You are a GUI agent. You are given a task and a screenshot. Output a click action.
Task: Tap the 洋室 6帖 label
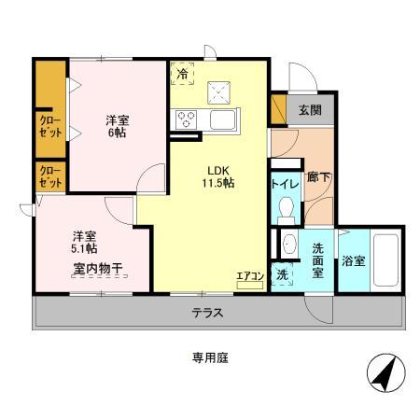click(x=116, y=126)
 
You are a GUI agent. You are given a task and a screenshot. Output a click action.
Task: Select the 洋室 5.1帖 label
click(x=84, y=242)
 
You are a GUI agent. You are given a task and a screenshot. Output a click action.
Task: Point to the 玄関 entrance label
click(x=309, y=110)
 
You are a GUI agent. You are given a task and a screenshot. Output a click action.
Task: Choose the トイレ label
click(x=286, y=184)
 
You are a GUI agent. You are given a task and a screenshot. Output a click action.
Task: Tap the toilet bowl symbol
click(x=287, y=208)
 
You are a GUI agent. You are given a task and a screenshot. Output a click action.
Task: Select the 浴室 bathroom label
click(x=354, y=261)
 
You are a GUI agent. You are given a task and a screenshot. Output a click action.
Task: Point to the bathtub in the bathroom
click(x=385, y=260)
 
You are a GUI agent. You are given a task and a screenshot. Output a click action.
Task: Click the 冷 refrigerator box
click(x=183, y=73)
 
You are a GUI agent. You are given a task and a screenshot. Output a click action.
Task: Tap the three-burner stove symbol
click(x=185, y=119)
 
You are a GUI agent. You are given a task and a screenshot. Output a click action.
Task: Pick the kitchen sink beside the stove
click(x=225, y=119)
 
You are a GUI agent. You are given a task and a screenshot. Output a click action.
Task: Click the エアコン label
click(x=249, y=275)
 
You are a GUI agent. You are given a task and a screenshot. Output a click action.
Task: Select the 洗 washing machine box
click(x=282, y=275)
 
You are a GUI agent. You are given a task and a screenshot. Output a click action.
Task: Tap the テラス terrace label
click(x=207, y=313)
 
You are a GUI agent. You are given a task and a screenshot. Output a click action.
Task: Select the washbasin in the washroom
click(x=288, y=245)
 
